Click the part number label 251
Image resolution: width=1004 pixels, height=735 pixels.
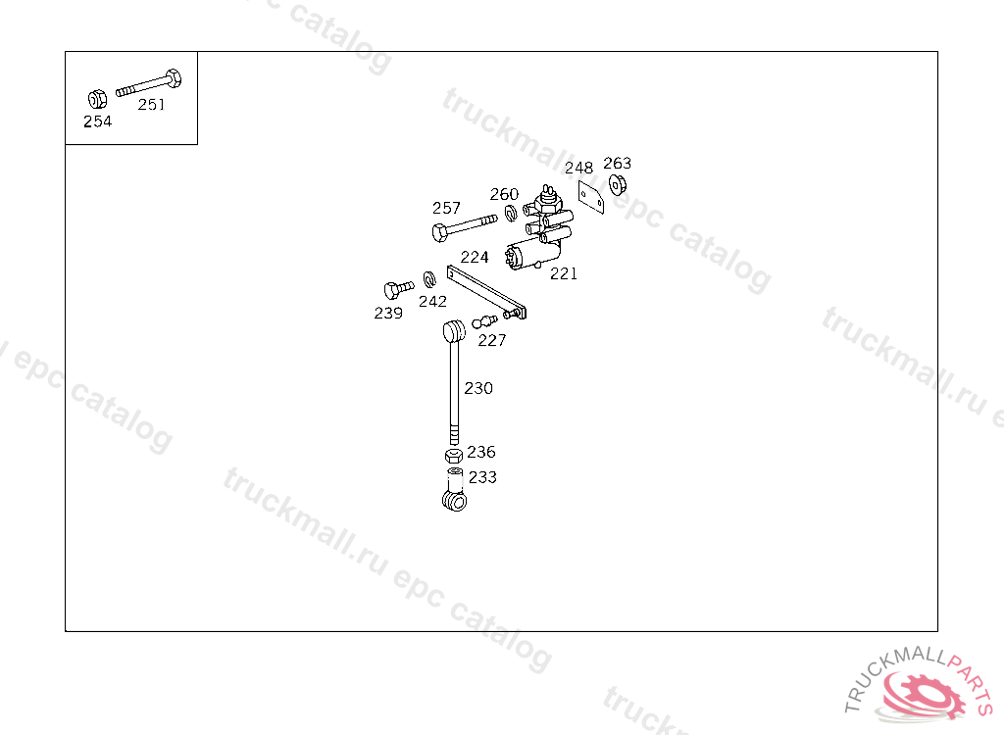point(151,105)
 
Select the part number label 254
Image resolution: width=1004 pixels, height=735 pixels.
point(97,122)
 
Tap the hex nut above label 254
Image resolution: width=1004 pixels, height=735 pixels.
point(97,99)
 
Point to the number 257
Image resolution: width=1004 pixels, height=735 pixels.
point(446,208)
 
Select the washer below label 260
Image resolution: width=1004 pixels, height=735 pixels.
point(511,213)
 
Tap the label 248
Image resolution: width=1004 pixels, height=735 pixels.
point(578,168)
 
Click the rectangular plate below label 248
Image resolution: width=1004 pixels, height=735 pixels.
point(590,195)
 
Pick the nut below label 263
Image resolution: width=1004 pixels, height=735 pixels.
point(618,184)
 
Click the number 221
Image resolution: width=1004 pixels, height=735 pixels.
point(564,274)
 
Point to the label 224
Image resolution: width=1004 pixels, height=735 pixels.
point(475,257)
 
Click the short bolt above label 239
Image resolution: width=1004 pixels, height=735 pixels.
point(397,289)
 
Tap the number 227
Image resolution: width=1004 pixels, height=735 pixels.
point(492,340)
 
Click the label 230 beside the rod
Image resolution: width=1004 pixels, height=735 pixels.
point(478,388)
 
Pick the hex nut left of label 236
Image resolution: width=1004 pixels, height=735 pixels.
point(452,457)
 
